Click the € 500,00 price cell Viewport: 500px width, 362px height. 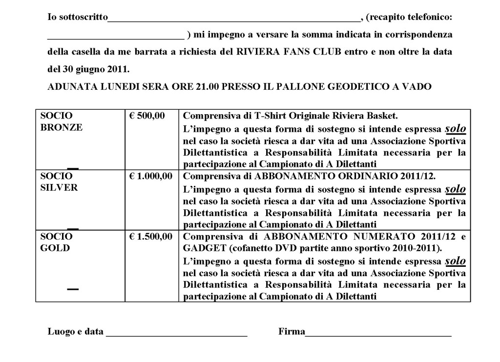click(147, 116)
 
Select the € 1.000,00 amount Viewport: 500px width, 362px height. click(150, 176)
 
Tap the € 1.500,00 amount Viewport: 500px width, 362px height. click(150, 237)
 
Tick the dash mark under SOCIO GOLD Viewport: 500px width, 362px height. click(73, 289)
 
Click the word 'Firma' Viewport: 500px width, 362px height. click(292, 332)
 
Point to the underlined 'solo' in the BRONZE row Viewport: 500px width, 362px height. click(456, 128)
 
